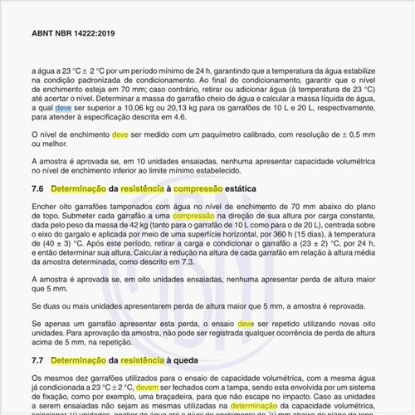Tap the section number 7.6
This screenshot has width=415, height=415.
(37, 189)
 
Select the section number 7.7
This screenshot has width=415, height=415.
(37, 361)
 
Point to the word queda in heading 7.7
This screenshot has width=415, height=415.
(188, 361)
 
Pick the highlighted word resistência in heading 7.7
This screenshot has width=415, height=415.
(143, 361)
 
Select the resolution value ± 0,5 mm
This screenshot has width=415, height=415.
(356, 134)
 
